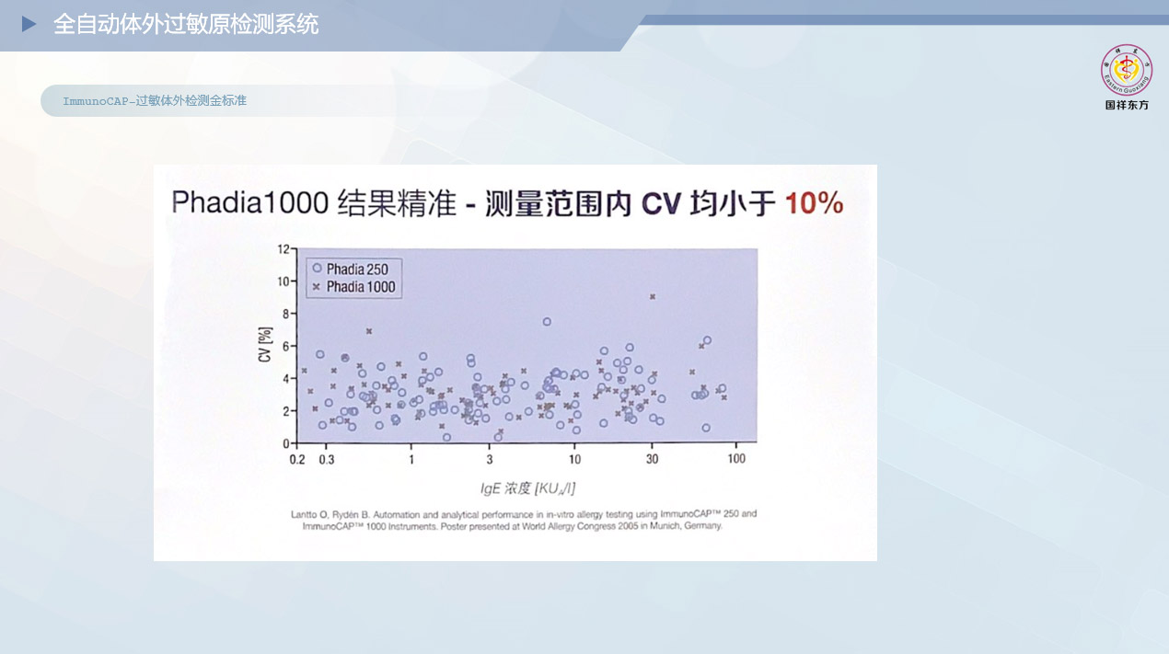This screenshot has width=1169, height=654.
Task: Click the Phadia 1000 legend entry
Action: pos(353,287)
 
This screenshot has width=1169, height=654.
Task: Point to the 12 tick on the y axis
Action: pos(284,249)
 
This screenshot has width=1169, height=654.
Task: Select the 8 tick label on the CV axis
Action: pos(286,314)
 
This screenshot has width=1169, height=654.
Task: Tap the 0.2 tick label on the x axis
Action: pos(297,460)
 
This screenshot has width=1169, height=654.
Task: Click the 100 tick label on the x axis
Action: pos(736,459)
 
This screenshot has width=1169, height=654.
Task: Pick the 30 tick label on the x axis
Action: pos(652,459)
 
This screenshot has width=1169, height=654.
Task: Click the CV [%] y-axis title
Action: pos(265,344)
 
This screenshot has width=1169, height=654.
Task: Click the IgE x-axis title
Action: pos(527,488)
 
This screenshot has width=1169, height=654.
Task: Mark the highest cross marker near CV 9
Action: pos(653,297)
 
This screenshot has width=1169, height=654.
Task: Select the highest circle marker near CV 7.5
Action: pos(547,322)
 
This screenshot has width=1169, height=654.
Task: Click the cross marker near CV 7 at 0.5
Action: pos(369,331)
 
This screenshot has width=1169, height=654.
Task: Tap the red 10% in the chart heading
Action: pos(814,203)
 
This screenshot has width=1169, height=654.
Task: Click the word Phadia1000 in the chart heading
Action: pos(250,202)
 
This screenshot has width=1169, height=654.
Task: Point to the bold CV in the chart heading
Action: pos(661,203)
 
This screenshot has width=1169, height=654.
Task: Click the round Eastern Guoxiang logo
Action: pos(1127,71)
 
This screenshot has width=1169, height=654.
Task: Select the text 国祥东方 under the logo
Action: pos(1127,105)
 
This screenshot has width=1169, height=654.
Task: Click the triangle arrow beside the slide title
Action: pos(29,24)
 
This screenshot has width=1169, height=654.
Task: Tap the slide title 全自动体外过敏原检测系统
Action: pos(186,25)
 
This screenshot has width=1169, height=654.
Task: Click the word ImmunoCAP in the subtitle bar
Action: pos(96,101)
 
